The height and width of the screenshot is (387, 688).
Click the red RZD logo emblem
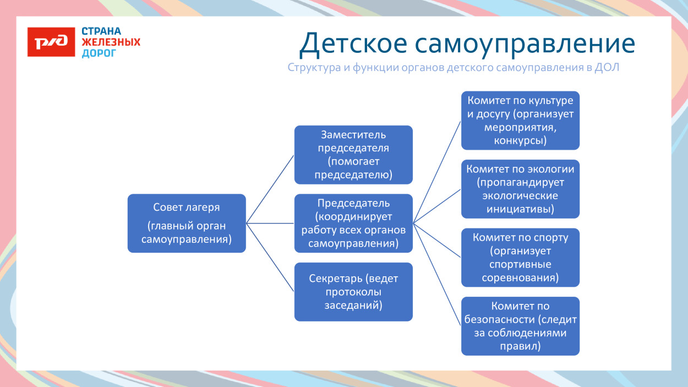click(x=51, y=42)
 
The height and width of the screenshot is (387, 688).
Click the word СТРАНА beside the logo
click(x=101, y=31)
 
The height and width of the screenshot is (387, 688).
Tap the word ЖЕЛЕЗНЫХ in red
click(x=111, y=42)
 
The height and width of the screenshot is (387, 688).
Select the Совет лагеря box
click(x=187, y=224)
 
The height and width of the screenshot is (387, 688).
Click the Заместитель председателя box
click(x=353, y=155)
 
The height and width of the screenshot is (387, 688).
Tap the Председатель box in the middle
click(x=353, y=224)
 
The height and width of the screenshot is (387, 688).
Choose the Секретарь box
click(x=353, y=292)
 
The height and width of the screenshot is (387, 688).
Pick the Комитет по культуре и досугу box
click(x=520, y=121)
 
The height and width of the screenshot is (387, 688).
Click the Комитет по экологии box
click(x=520, y=189)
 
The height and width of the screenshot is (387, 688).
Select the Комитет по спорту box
click(x=520, y=258)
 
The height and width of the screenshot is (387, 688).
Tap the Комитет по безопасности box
click(x=520, y=326)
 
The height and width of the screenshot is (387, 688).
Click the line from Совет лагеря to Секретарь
click(x=270, y=257)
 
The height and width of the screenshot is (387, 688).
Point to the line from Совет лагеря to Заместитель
click(x=270, y=189)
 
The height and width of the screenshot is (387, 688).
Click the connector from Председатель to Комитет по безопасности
click(x=437, y=275)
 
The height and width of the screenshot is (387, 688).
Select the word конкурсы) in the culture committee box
click(x=520, y=140)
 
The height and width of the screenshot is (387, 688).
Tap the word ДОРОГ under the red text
click(x=99, y=53)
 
